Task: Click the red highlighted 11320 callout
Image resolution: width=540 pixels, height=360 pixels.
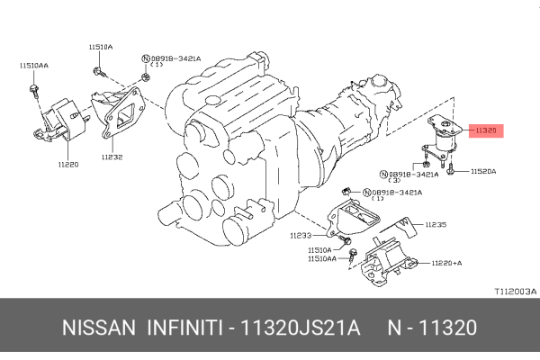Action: pos(486,130)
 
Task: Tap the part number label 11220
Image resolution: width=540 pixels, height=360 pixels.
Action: pos(68,165)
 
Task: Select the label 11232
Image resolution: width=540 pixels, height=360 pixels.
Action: pos(112,157)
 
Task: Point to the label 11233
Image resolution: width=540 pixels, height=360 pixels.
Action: pos(301,236)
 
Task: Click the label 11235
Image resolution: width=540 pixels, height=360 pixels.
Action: pos(436,225)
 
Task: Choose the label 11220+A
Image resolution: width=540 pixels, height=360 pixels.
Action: pos(446,263)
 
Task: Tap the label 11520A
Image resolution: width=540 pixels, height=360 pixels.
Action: pos(483,171)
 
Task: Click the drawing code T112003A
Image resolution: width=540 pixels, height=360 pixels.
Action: pos(516,292)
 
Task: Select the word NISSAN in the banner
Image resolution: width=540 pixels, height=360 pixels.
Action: pos(99,328)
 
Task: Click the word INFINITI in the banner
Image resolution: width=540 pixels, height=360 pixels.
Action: pos(184,328)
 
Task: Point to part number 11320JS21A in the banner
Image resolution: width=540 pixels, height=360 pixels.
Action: pos(301,328)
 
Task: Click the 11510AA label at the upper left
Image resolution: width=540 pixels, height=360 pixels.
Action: pos(34,66)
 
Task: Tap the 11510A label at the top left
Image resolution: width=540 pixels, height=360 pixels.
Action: pos(101,47)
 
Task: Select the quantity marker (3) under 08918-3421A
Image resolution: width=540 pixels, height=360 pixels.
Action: pos(394,180)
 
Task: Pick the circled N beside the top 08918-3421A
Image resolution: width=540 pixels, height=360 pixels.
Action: pos(146,58)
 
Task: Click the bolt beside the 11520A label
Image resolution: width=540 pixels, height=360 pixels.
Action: pos(451,168)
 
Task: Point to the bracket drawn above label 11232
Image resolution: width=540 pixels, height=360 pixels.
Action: pos(117,111)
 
